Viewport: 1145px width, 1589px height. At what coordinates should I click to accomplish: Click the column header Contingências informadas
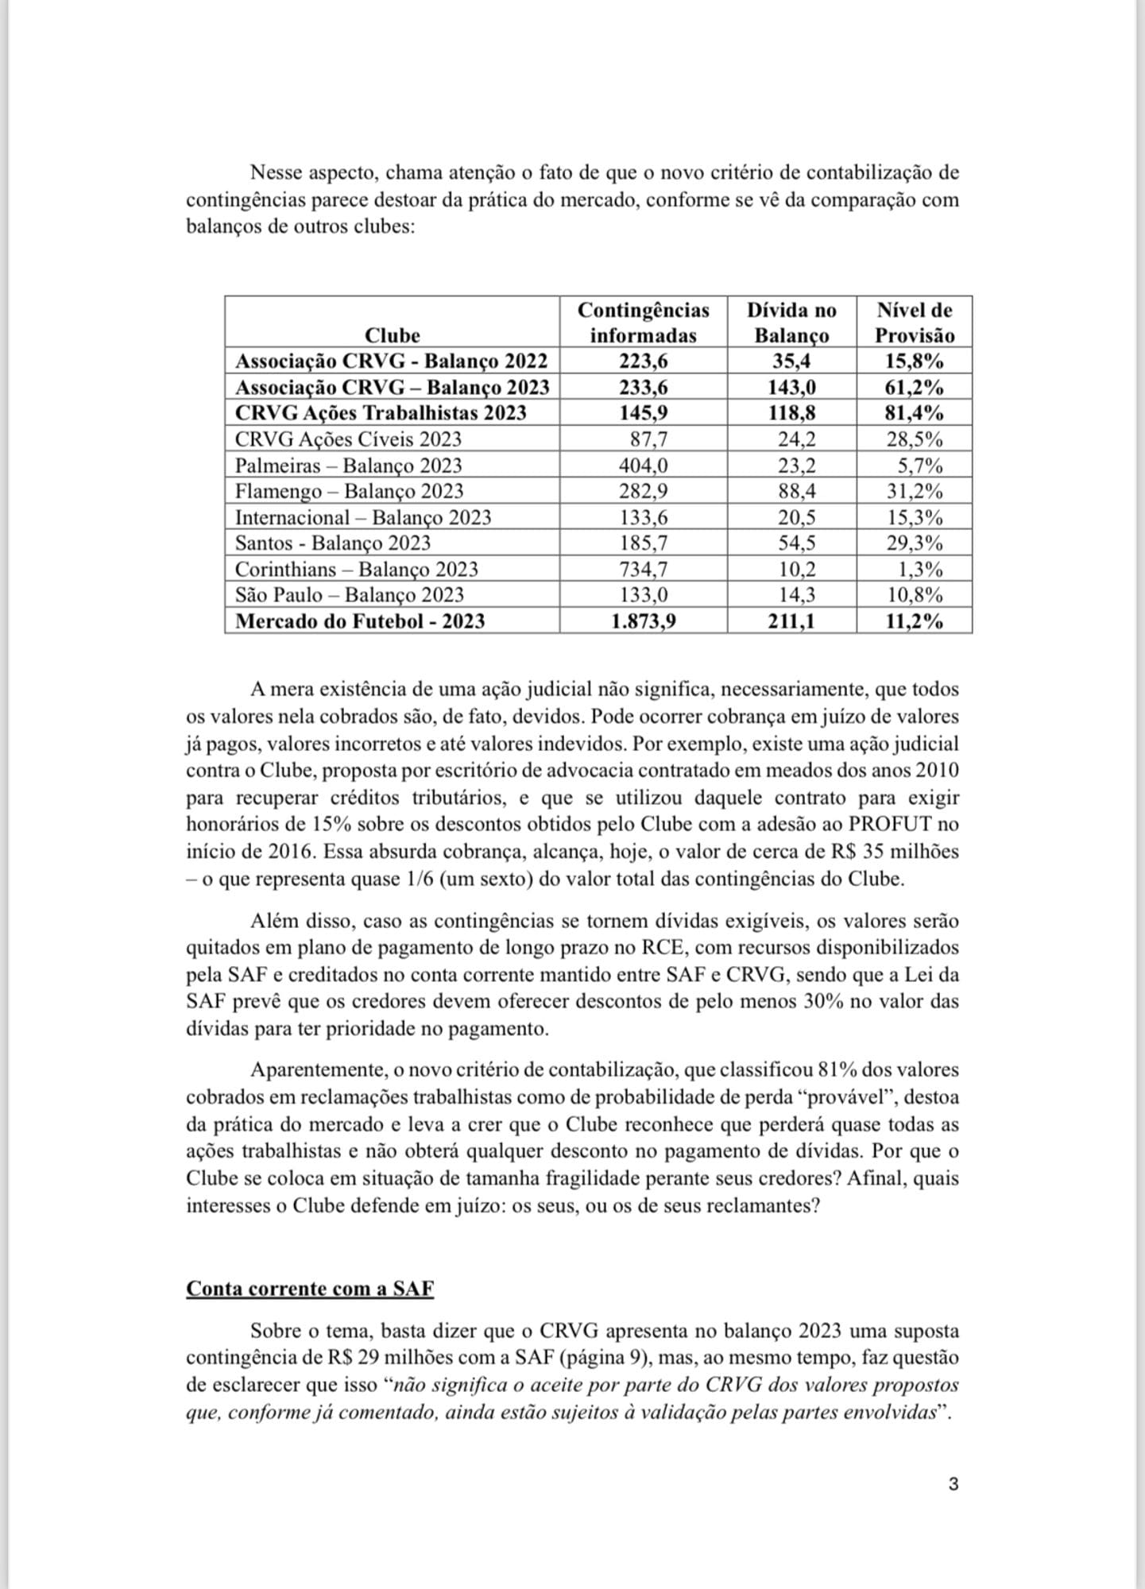643,322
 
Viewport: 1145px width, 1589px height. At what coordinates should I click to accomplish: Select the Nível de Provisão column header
915,322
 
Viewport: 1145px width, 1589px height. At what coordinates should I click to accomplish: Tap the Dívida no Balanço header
791,322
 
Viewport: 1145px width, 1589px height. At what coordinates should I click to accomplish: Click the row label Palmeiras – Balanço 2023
348,465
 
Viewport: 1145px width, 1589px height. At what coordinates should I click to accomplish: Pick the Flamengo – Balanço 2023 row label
349,491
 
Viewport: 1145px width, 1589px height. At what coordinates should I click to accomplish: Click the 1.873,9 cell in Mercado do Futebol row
644,621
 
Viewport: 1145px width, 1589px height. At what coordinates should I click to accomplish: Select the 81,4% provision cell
915,413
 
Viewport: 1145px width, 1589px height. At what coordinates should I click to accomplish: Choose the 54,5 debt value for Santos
796,543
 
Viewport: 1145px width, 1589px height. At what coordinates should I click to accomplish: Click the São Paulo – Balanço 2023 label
350,594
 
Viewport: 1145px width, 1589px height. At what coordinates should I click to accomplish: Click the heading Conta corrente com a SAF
310,1288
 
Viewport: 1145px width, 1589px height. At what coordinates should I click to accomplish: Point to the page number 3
954,1484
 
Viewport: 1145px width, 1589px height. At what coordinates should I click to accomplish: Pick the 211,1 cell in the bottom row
791,621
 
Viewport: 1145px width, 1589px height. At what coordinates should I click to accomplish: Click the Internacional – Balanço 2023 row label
363,517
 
